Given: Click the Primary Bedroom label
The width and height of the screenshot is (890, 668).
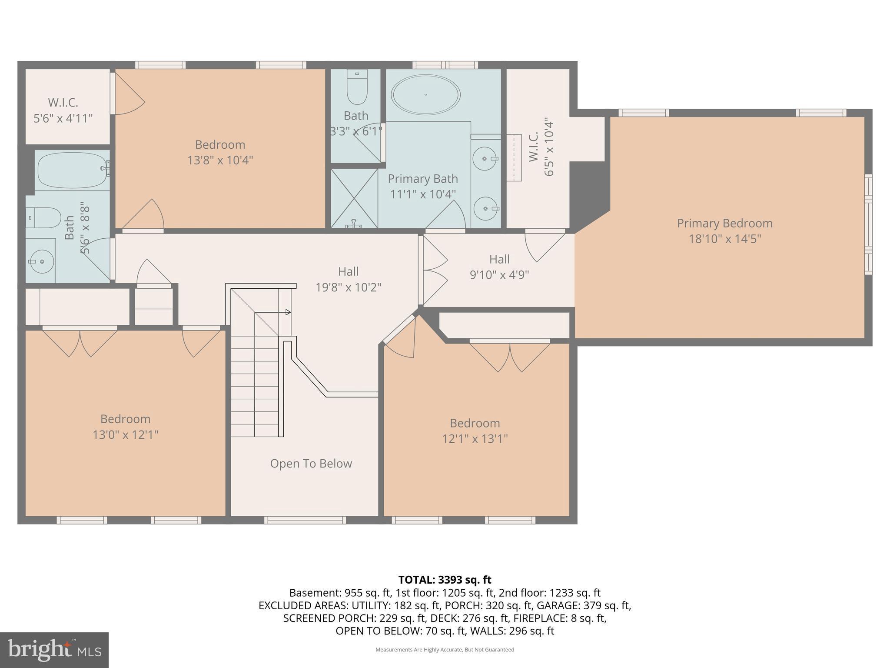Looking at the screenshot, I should tap(724, 224).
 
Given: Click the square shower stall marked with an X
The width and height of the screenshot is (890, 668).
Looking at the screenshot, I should tap(354, 198).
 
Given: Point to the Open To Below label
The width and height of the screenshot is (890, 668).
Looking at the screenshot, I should tap(311, 464).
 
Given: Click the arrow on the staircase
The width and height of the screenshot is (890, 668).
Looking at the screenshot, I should tap(287, 312).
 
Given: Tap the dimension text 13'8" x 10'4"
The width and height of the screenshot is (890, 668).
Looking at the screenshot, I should tap(220, 160).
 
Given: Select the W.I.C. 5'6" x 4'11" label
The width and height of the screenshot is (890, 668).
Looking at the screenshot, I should tap(63, 110).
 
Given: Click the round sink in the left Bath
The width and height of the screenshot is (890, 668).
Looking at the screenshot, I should tap(41, 261).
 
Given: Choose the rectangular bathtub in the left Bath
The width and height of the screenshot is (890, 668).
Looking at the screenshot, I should tap(72, 169).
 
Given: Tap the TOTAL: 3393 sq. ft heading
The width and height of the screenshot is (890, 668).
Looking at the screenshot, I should tap(445, 580).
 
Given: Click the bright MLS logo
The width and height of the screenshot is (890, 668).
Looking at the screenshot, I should tap(54, 650).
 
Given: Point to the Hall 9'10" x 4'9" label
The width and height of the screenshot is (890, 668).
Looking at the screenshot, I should tap(499, 267).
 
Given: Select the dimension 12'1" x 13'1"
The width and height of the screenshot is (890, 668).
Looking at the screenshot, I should tap(475, 439).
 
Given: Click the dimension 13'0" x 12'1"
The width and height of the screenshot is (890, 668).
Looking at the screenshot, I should tap(125, 434).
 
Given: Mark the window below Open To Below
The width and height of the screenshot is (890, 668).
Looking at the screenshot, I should tap(305, 520).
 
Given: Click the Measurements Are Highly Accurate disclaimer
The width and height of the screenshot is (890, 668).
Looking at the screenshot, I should tap(445, 650).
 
